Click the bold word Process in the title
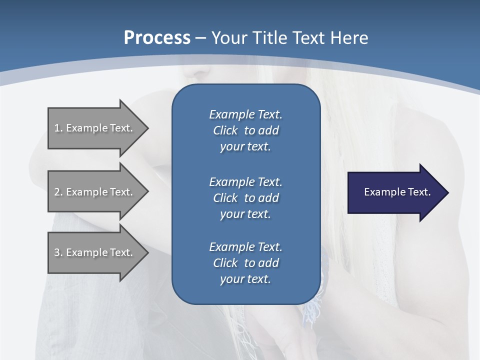click(157, 38)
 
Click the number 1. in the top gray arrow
click(58, 128)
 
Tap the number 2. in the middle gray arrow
click(58, 192)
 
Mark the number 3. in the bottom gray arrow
click(58, 252)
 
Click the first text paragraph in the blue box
click(245, 130)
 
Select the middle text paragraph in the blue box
click(245, 198)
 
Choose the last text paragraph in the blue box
click(245, 263)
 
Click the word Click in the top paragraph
click(225, 130)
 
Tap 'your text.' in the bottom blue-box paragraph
click(245, 279)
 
